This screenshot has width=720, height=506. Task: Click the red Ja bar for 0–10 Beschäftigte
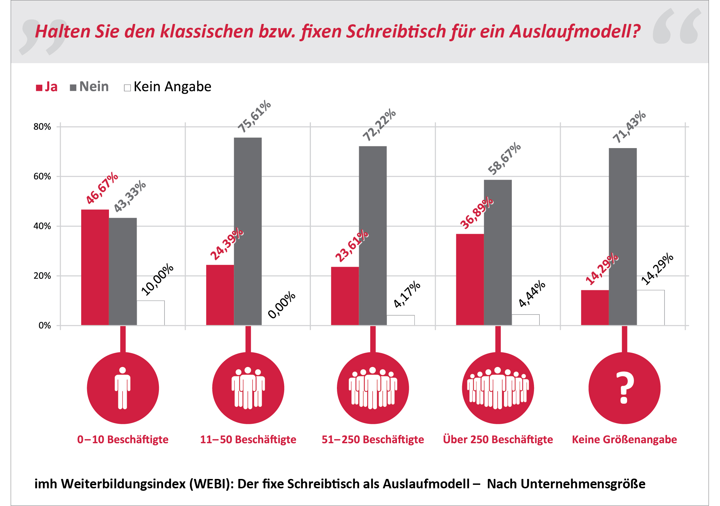[95, 267]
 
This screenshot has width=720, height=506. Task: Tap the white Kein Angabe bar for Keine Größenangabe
[650, 307]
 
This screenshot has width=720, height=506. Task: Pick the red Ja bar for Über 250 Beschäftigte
[470, 280]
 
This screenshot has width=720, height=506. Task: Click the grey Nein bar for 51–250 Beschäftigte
[373, 235]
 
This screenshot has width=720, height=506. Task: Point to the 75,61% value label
[254, 116]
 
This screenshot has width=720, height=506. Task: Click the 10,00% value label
[157, 279]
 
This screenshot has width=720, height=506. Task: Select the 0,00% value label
[281, 305]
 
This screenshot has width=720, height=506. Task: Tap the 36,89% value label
[476, 213]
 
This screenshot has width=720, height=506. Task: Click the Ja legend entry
[47, 87]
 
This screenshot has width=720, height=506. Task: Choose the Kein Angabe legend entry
[168, 87]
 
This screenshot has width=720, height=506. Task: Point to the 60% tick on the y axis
[42, 177]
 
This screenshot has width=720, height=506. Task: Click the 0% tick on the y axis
[44, 325]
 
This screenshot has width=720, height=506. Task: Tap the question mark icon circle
[624, 388]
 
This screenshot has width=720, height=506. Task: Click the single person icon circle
[123, 388]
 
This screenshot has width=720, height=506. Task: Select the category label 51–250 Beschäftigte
[373, 439]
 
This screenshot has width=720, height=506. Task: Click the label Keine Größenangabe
[624, 439]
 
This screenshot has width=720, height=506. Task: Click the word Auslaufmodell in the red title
[574, 31]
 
